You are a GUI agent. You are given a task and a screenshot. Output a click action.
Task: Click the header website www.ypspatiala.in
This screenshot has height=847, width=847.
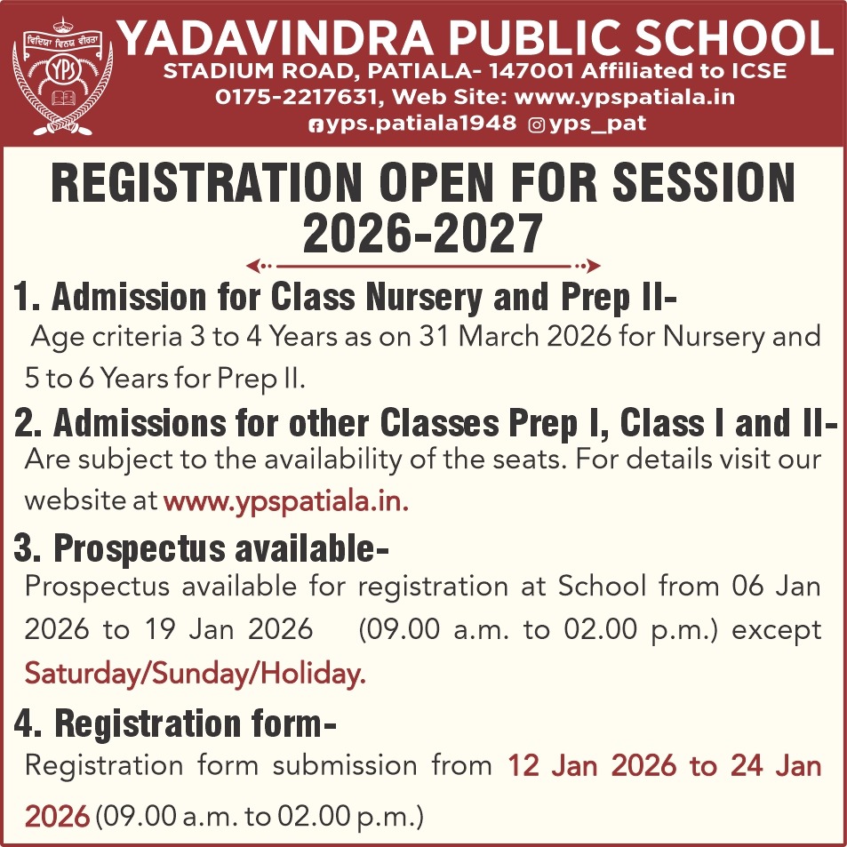tap(625, 97)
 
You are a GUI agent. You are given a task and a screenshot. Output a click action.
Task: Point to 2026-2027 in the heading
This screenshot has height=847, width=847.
tap(422, 234)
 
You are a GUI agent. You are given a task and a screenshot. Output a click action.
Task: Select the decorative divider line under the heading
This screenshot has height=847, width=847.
tap(422, 265)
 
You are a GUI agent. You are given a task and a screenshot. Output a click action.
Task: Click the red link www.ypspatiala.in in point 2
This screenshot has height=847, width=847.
tap(285, 500)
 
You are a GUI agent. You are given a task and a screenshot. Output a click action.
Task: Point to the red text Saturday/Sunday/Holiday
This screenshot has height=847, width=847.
tap(195, 674)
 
